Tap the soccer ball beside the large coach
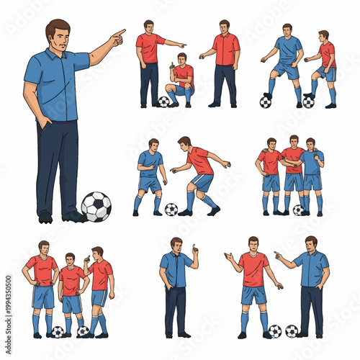[x=96, y=207]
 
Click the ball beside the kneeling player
[x=164, y=102]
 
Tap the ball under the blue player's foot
[x=265, y=102]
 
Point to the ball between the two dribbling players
[x=171, y=210]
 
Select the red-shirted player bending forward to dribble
[x=197, y=173]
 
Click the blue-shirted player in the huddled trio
[x=312, y=173]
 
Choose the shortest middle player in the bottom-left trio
[x=71, y=292]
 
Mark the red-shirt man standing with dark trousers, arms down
[x=225, y=61]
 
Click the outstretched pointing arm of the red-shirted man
[x=173, y=44]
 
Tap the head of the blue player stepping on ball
[x=287, y=30]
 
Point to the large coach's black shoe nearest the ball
[x=73, y=215]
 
